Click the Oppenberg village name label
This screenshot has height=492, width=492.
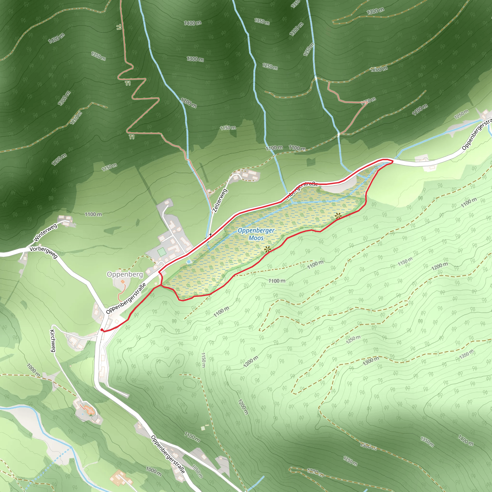pos(125,274)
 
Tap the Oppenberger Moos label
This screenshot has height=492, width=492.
pos(256,234)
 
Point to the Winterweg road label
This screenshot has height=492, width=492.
pos(45,233)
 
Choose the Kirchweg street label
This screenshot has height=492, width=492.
pos(53,341)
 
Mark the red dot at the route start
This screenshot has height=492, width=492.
pos(102,330)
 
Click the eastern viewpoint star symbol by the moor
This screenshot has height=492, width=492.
pos(338,216)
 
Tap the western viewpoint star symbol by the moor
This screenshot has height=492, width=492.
pos(267,249)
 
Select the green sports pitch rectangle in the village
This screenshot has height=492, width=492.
pos(161,252)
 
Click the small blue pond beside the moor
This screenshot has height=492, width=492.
pos(188,262)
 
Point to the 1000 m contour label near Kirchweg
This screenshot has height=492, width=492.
pos(33,370)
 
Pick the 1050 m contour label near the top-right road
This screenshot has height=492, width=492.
pos(461,114)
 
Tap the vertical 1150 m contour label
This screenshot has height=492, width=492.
pos(203,360)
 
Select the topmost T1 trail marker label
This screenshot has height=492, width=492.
pos(119,27)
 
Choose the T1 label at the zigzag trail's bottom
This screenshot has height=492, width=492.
pos(131,137)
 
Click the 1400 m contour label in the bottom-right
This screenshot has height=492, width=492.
pos(466,440)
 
